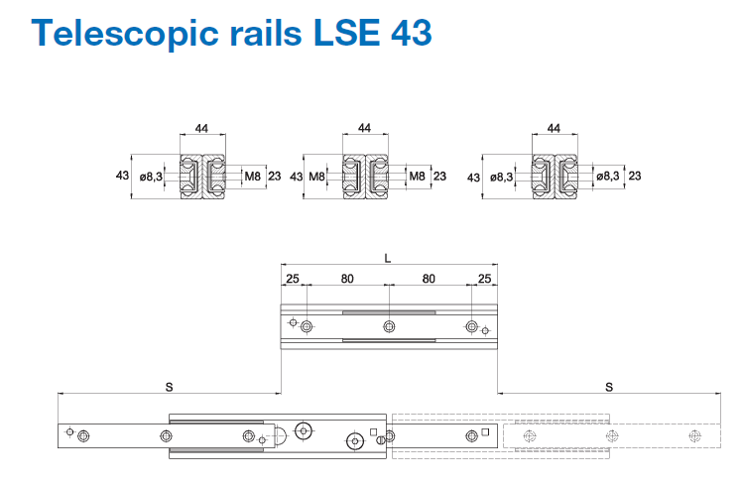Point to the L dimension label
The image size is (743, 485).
(x=388, y=257)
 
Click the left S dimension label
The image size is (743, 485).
(x=168, y=385)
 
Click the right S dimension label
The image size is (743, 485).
(x=608, y=385)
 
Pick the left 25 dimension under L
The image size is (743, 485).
(x=293, y=279)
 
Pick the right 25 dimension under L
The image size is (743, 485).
(x=484, y=279)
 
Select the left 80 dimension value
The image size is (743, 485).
(x=347, y=279)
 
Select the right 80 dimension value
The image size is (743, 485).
(x=430, y=279)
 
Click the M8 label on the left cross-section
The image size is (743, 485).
(x=251, y=176)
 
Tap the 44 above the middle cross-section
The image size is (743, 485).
(x=364, y=129)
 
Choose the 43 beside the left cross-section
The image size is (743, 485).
(x=122, y=176)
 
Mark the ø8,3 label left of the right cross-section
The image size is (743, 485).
(x=503, y=177)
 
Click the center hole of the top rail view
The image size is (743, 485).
(x=389, y=326)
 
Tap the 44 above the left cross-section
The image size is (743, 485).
(x=202, y=129)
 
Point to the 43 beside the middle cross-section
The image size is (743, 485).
(x=296, y=176)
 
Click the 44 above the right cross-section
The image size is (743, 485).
(x=554, y=129)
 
